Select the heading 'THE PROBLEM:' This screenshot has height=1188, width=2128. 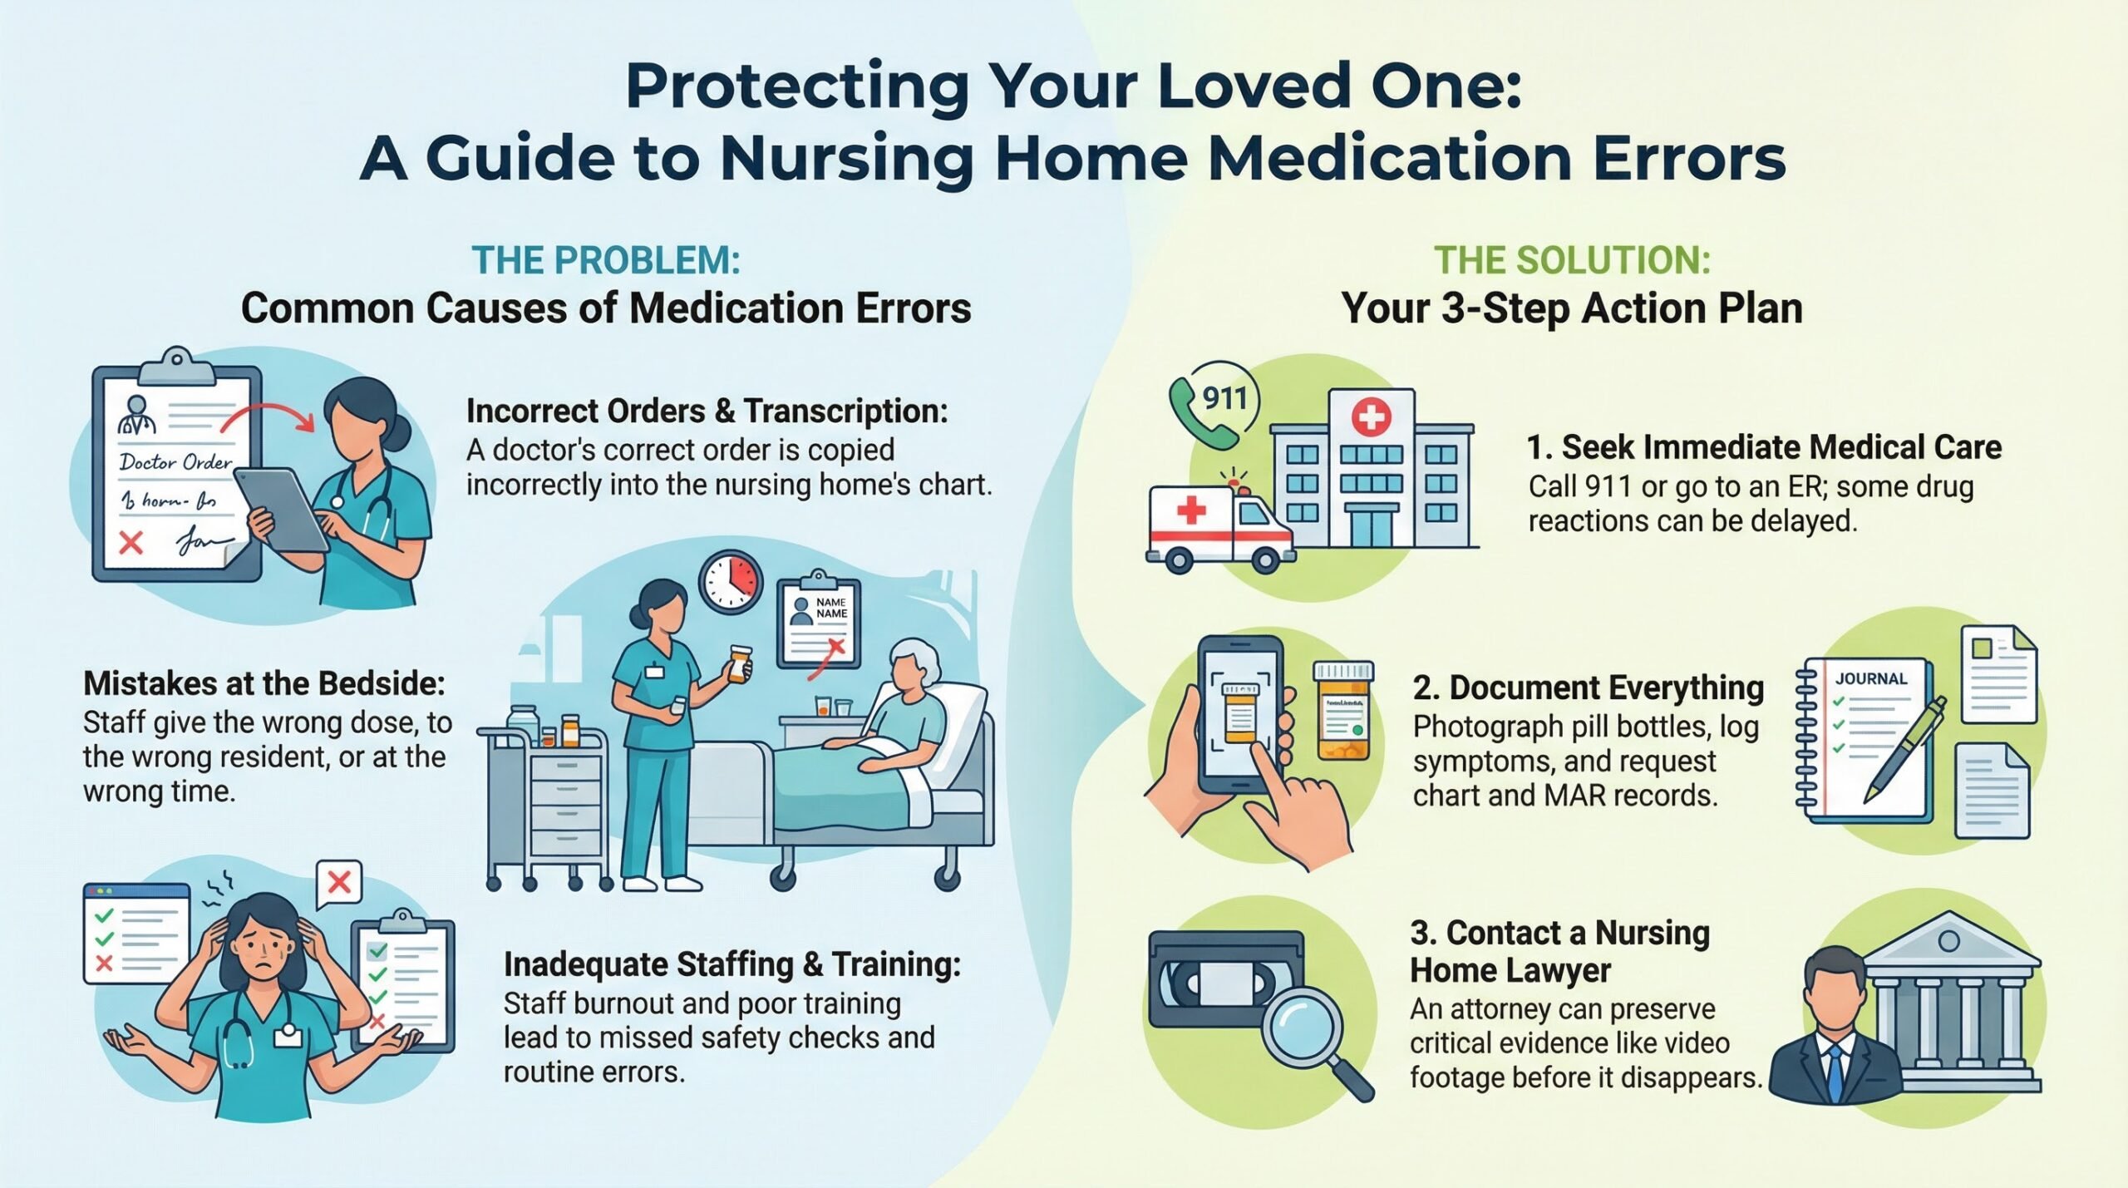pyautogui.click(x=606, y=260)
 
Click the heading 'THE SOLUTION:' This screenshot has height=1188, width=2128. pyautogui.click(x=1572, y=260)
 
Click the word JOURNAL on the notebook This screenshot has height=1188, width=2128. pyautogui.click(x=1871, y=678)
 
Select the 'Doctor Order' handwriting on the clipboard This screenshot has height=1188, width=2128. pyautogui.click(x=175, y=461)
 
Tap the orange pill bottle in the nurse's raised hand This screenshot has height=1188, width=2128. pyautogui.click(x=739, y=664)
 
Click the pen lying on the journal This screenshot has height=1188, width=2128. pyautogui.click(x=1907, y=749)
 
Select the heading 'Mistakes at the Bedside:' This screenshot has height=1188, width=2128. pyautogui.click(x=264, y=683)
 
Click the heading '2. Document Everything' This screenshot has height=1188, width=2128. pyautogui.click(x=1589, y=688)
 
